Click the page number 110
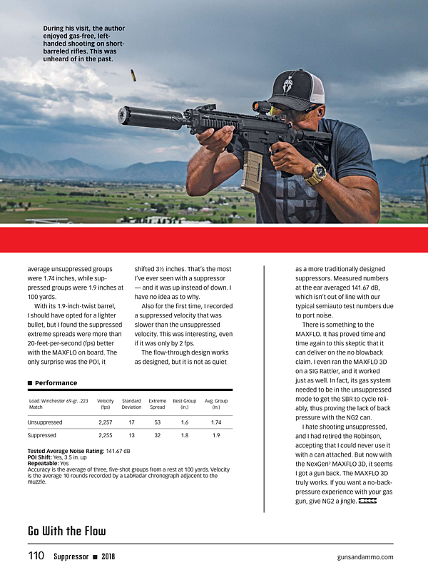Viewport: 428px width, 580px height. pos(36,556)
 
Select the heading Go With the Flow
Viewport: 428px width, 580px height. pos(66,531)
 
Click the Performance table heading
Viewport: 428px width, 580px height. pos(56,383)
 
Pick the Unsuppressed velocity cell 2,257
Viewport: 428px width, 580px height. pos(105,422)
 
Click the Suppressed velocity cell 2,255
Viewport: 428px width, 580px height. pos(105,434)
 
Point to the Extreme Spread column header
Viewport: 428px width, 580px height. pos(158,404)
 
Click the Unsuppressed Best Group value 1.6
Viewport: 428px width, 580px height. pos(184,422)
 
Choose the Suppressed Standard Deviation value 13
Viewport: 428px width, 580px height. pos(131,434)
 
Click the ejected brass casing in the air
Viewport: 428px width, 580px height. pos(133,74)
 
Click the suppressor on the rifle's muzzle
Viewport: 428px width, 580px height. pos(149,117)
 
